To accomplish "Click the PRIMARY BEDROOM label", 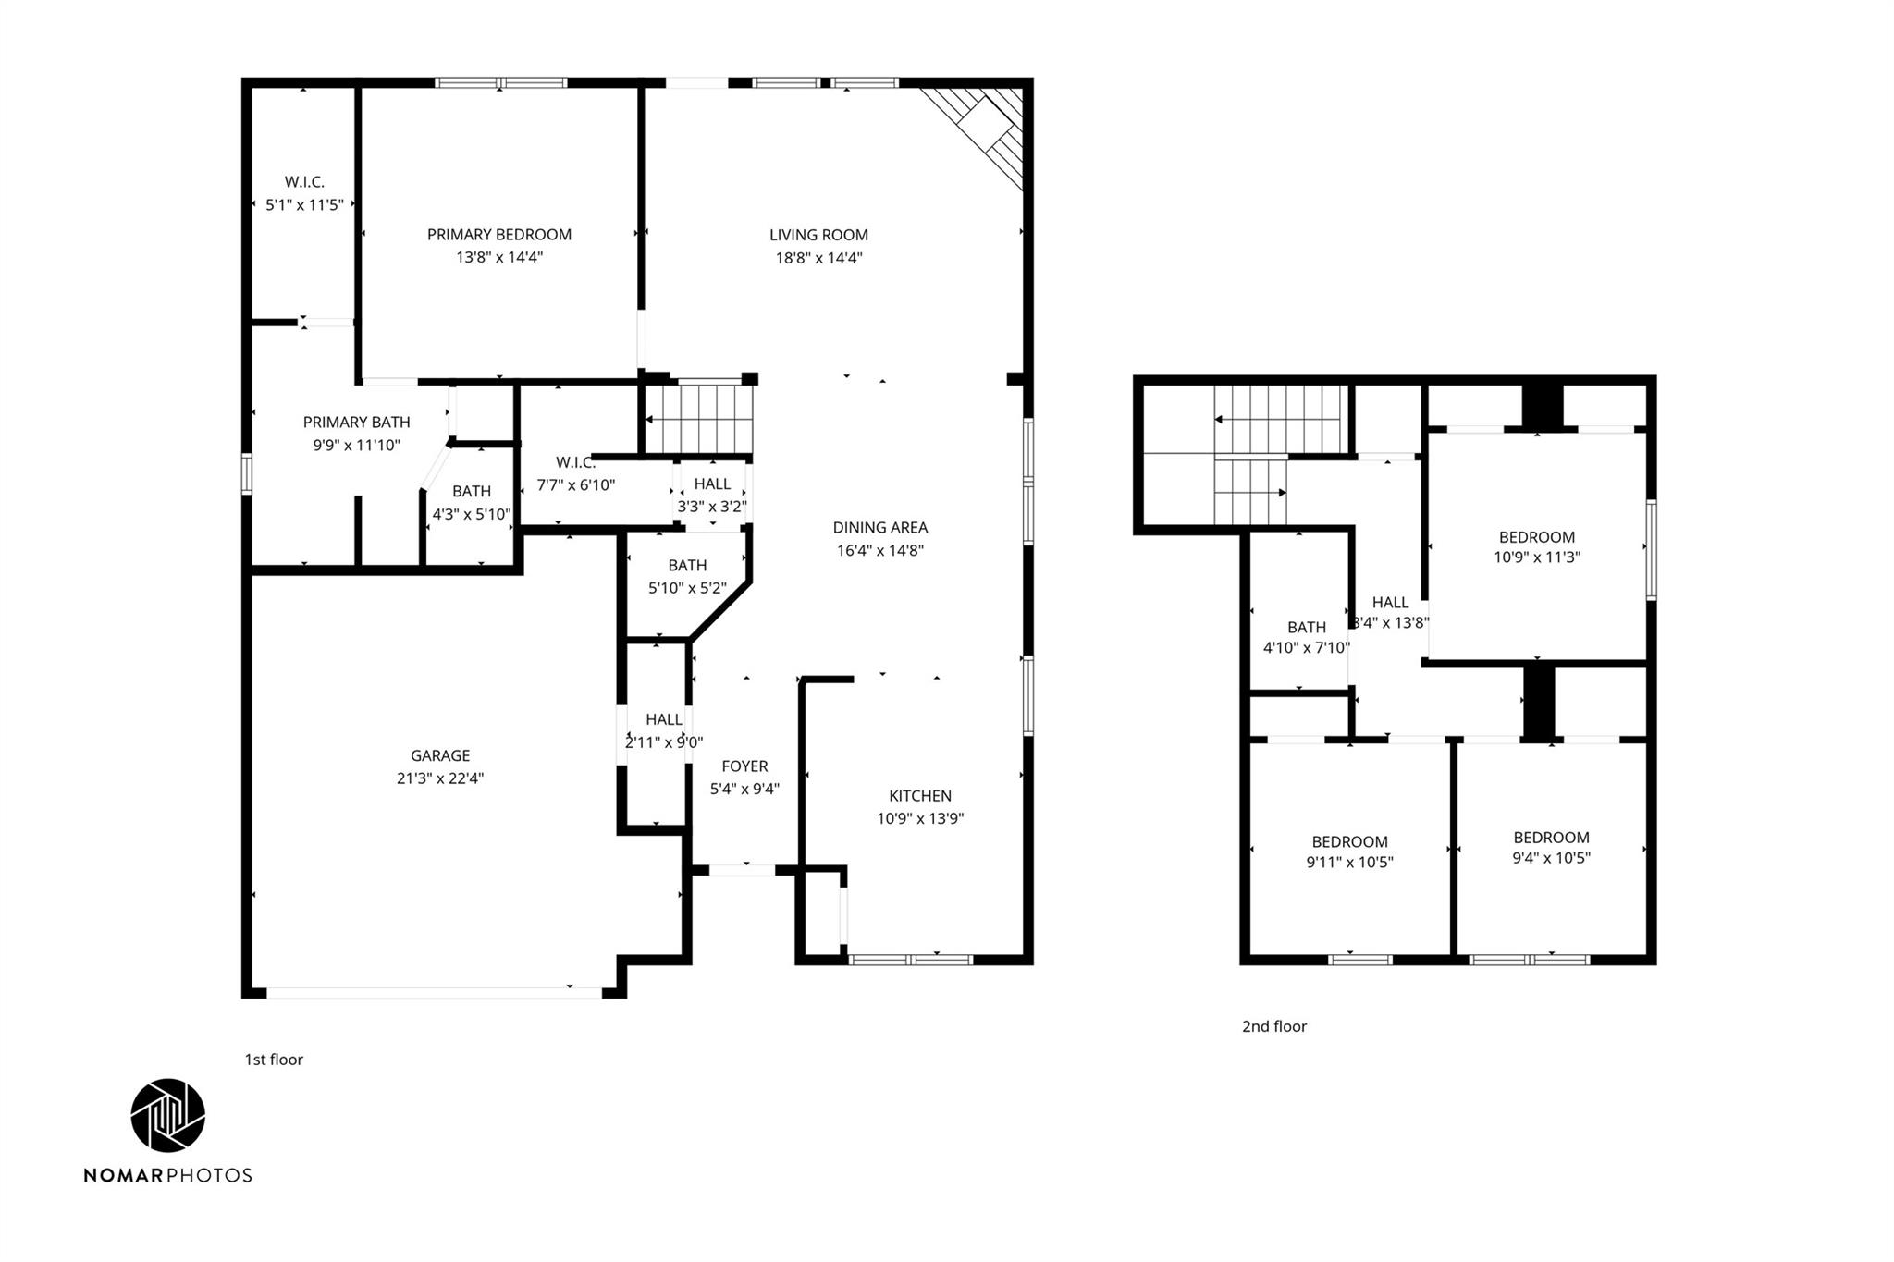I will tap(498, 235).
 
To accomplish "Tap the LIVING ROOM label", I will tap(818, 235).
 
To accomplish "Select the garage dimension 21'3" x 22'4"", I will tap(440, 778).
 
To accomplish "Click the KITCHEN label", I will tap(919, 796).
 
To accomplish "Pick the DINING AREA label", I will tap(879, 528).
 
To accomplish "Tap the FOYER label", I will tap(744, 766).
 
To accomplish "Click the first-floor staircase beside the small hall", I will tap(698, 419).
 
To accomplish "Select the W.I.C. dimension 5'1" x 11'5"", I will tap(304, 205).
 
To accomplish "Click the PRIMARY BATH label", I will tap(356, 423).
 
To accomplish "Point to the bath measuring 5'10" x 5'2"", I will tap(687, 576).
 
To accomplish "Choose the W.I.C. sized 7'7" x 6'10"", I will tap(575, 473).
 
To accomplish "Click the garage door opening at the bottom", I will tap(435, 992).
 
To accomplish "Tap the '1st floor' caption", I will tap(274, 1060).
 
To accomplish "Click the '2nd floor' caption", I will tap(1273, 1026).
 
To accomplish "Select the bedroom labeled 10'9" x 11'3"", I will tap(1536, 546).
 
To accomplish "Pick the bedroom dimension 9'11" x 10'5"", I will tap(1349, 863).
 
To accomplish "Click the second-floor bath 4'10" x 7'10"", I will tap(1306, 638).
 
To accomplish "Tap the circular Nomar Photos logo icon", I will tap(167, 1115).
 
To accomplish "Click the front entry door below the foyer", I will tap(742, 870).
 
